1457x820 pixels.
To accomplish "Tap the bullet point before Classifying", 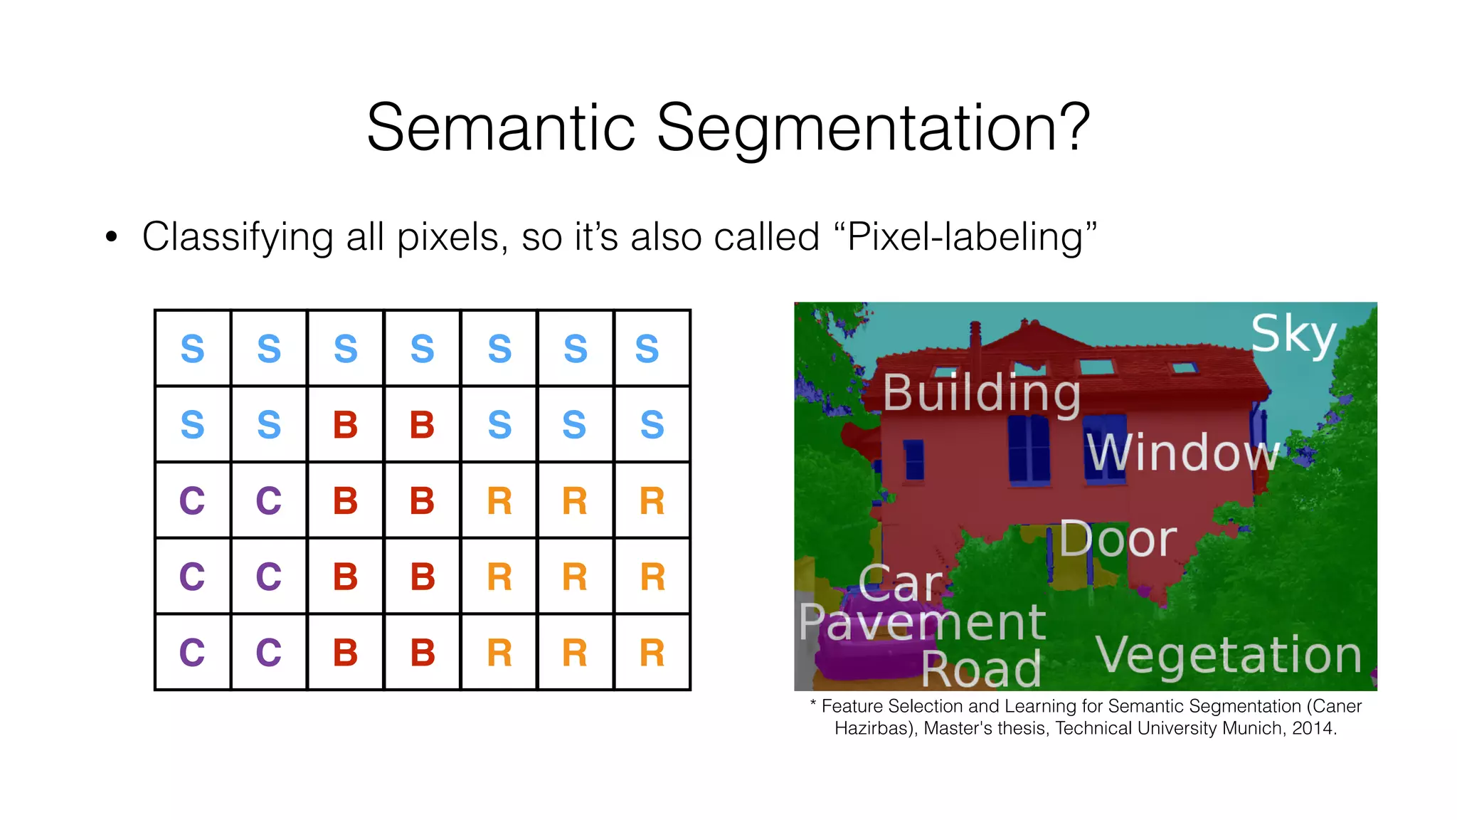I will (x=111, y=238).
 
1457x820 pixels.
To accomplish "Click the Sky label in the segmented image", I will (x=1293, y=334).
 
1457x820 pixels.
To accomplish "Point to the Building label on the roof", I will (x=981, y=393).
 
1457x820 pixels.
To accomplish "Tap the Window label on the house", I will (x=1181, y=453).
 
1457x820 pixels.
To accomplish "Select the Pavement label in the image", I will (x=921, y=622).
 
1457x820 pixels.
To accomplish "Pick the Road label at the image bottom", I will (x=981, y=670).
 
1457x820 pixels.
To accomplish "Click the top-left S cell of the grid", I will (x=193, y=349).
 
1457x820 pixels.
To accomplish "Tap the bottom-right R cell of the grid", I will (x=652, y=653).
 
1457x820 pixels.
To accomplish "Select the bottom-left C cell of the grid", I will (x=193, y=653).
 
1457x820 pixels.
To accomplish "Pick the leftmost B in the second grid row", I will (x=346, y=425).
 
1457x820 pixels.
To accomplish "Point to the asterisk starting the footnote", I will (x=812, y=705).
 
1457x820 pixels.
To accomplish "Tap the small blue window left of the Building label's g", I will (x=913, y=459).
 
